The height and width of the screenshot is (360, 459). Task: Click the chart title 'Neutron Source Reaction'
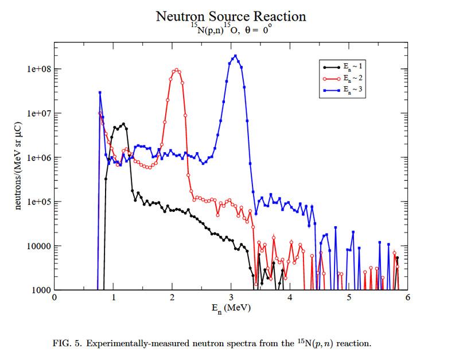click(x=231, y=16)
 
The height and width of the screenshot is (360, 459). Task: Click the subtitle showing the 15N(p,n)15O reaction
click(x=231, y=30)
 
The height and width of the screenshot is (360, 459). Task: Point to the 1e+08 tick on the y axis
click(x=37, y=69)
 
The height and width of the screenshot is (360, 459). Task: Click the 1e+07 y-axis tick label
click(x=37, y=114)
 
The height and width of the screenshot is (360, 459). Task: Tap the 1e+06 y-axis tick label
click(x=37, y=158)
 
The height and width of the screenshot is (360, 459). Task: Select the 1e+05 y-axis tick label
click(x=37, y=202)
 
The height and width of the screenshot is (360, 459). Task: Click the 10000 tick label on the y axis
click(x=38, y=246)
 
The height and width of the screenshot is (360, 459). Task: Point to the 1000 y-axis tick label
click(x=40, y=291)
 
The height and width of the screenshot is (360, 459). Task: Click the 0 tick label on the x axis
click(x=55, y=298)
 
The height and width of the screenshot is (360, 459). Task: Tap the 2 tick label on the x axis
click(x=172, y=298)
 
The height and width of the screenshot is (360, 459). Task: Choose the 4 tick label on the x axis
click(x=290, y=298)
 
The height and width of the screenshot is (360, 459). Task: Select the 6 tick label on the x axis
click(x=407, y=298)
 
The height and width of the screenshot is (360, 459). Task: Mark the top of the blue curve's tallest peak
click(x=235, y=56)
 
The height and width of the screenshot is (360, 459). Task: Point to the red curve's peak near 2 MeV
click(x=176, y=70)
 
